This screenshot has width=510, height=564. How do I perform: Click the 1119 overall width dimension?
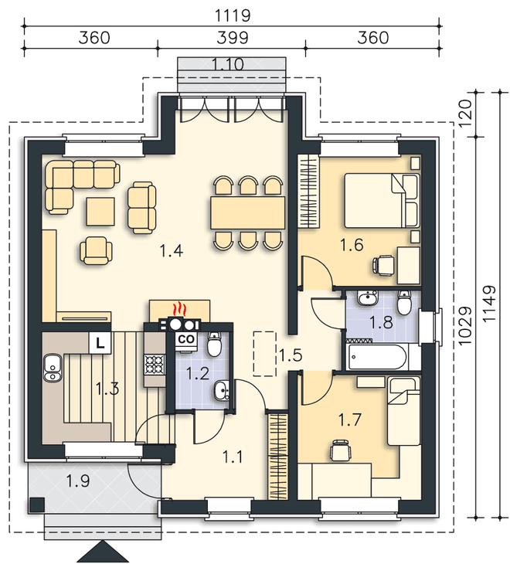pyautogui.click(x=232, y=15)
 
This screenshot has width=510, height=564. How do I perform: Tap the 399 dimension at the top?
pyautogui.click(x=232, y=37)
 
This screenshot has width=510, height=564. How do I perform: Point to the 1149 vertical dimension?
pyautogui.click(x=489, y=304)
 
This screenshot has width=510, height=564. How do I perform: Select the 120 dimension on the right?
pyautogui.click(x=464, y=112)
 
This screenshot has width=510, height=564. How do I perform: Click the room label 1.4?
pyautogui.click(x=172, y=250)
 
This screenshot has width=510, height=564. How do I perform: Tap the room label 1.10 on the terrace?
pyautogui.click(x=228, y=64)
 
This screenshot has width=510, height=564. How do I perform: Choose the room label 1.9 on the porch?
pyautogui.click(x=78, y=481)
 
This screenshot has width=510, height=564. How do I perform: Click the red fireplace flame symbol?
pyautogui.click(x=179, y=309)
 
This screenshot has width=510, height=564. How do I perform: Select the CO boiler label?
pyautogui.click(x=186, y=338)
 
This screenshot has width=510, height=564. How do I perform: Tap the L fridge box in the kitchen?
pyautogui.click(x=100, y=342)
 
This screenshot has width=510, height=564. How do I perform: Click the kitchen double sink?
pyautogui.click(x=53, y=367)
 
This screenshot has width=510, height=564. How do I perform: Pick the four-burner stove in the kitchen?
pyautogui.click(x=155, y=364)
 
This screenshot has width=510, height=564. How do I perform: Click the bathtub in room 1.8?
pyautogui.click(x=376, y=357)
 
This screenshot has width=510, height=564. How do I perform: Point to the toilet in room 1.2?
pyautogui.click(x=214, y=345)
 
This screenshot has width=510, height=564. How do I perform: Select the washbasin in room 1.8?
pyautogui.click(x=368, y=297)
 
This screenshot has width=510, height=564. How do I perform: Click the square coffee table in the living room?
pyautogui.click(x=100, y=212)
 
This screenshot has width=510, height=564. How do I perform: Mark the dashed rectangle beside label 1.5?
pyautogui.click(x=265, y=354)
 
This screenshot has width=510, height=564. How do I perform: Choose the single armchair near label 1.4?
pyautogui.click(x=96, y=250)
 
